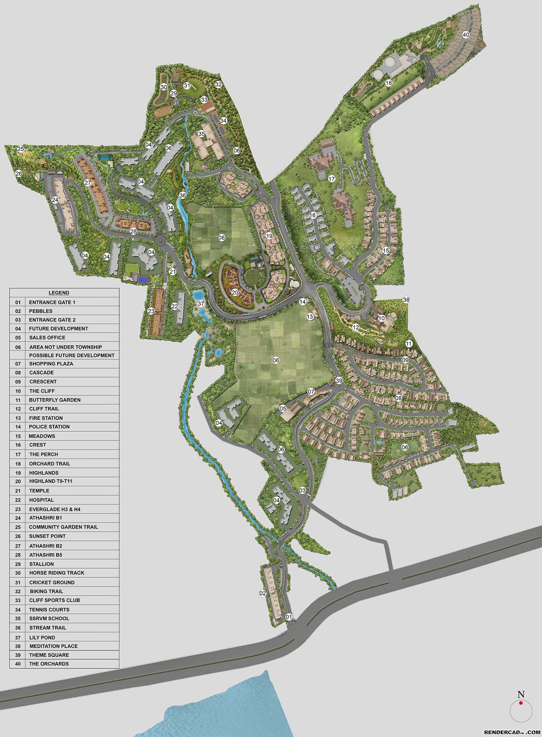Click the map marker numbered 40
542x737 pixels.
[466, 35]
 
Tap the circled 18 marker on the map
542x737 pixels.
[389, 83]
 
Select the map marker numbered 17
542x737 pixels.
[331, 179]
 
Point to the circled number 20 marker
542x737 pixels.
[235, 292]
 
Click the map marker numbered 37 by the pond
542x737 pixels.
[201, 303]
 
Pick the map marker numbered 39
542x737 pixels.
[339, 381]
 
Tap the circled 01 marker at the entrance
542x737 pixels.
[289, 617]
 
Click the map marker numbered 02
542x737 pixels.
[263, 593]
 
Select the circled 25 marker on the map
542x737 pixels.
[21, 149]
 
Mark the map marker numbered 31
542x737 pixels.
[187, 86]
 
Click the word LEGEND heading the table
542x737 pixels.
[59, 293]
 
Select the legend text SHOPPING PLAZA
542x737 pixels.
[51, 364]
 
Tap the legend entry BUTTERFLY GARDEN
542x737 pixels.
[55, 400]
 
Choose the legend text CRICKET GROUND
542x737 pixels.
[52, 582]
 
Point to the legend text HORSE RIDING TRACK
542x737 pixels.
[57, 573]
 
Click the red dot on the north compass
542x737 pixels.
[521, 710]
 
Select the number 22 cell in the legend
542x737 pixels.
[18, 500]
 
